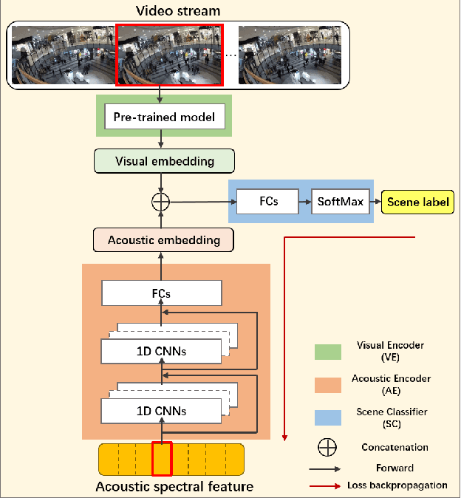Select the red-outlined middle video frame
pos(168,55)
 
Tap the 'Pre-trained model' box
pos(165,117)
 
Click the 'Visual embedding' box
pos(164,161)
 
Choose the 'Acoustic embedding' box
pos(163,240)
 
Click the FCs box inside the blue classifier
pos(267,201)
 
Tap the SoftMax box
pos(341,201)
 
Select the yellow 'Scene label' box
pos(417,202)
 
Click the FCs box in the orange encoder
pos(161,293)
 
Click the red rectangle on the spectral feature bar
pos(162,459)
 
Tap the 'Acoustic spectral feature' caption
pos(174,487)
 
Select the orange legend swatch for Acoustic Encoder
pos(327,383)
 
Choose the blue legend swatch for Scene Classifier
pos(327,416)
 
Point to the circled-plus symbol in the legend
pos(327,447)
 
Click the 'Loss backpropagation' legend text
pos(397,485)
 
